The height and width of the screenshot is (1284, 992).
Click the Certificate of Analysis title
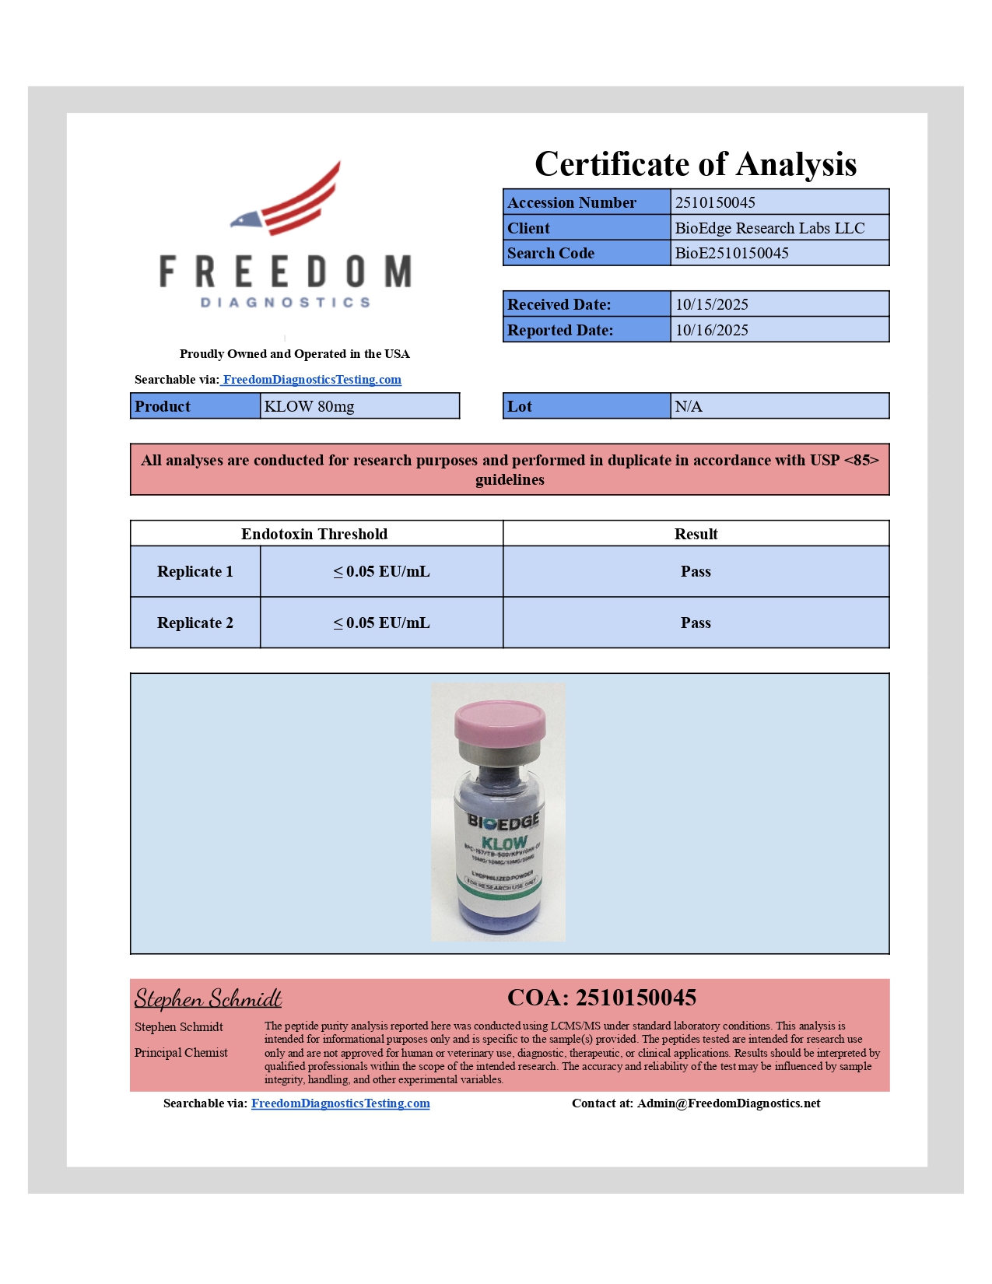(x=695, y=164)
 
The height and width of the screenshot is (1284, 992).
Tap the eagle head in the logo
(x=246, y=220)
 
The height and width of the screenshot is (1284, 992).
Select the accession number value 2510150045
(x=714, y=202)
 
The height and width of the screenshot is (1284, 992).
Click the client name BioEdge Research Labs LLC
(x=769, y=228)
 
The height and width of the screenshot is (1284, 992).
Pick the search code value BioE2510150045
(x=731, y=253)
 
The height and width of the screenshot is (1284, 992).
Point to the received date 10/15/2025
(x=711, y=304)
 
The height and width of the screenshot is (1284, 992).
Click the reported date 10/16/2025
(x=711, y=330)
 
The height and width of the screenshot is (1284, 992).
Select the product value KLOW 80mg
(x=309, y=406)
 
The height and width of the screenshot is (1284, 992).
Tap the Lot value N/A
(x=688, y=406)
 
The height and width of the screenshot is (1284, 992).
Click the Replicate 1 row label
(x=195, y=571)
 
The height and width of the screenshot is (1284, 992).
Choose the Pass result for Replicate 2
(x=695, y=623)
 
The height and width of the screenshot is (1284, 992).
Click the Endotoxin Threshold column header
(x=314, y=534)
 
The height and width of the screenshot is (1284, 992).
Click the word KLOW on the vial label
(x=504, y=843)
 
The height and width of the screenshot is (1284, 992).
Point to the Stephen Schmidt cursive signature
(x=208, y=998)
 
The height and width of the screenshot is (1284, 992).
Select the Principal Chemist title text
(x=181, y=1053)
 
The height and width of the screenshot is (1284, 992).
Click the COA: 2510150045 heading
(x=601, y=998)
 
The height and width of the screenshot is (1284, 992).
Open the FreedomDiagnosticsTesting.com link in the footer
(x=340, y=1103)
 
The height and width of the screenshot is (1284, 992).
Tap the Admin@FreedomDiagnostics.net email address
(x=728, y=1103)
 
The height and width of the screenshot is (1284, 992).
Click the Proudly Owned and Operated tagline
(x=294, y=354)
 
